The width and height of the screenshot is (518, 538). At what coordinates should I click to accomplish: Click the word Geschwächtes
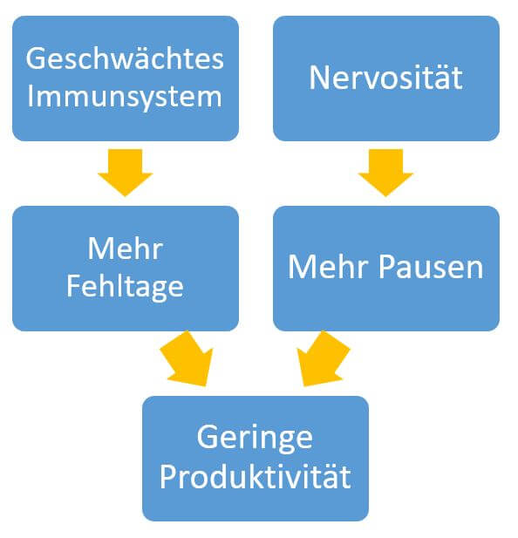tap(125, 58)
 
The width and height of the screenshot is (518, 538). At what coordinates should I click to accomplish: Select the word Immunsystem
tap(125, 97)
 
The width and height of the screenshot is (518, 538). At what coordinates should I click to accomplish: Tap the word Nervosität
tap(386, 78)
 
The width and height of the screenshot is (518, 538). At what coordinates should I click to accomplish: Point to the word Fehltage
tap(125, 287)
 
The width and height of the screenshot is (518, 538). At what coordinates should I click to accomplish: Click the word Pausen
tap(431, 267)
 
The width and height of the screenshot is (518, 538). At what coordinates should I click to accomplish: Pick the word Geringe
tap(255, 438)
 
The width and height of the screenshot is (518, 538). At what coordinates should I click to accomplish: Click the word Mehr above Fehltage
tap(126, 249)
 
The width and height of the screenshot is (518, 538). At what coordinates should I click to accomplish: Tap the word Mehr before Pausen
tap(329, 267)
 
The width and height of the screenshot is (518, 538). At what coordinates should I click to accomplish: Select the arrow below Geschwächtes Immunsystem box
tap(126, 173)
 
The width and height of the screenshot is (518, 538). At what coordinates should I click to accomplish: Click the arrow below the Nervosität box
tap(385, 173)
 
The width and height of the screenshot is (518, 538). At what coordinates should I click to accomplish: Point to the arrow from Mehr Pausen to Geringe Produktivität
tap(323, 358)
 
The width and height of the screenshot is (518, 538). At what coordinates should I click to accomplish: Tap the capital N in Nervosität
tap(320, 78)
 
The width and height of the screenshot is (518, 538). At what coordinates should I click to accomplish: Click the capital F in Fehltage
tap(73, 285)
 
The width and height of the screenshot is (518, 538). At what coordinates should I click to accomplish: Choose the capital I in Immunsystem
tap(31, 96)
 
